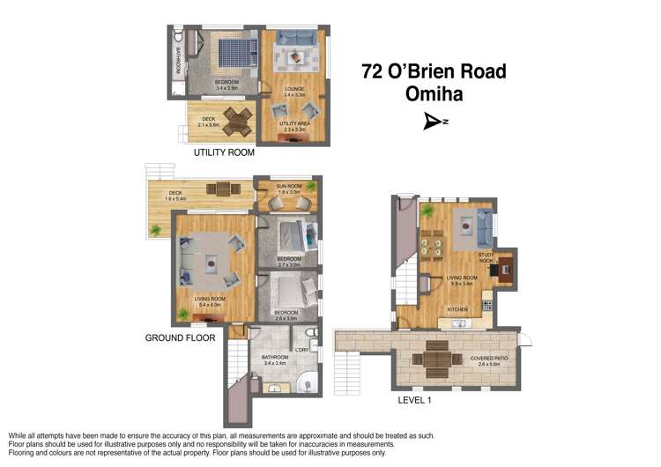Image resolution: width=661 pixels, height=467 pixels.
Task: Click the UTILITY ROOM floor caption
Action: tap(224, 152)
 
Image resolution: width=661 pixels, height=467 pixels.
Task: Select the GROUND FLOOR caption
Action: tap(180, 337)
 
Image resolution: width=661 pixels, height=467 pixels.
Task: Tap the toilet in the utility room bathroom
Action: tap(179, 39)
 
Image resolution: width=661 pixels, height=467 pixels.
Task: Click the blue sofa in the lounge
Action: tap(293, 39)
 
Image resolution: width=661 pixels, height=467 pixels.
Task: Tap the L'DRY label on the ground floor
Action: tap(302, 351)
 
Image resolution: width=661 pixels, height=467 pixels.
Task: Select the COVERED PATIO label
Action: tap(486, 359)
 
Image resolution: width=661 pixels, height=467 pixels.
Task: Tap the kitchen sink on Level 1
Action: tap(458, 323)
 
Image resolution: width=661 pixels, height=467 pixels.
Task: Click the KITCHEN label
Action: tap(457, 310)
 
